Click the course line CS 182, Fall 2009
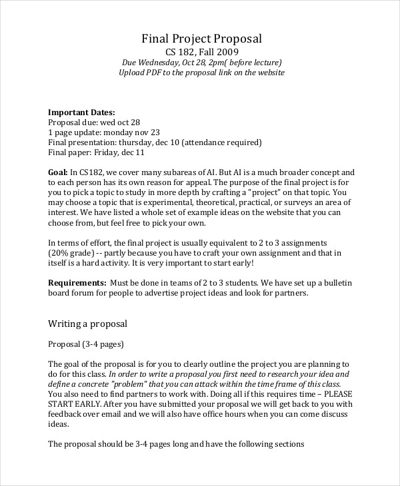point(201,51)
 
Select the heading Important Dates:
point(82,112)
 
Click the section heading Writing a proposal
point(88,324)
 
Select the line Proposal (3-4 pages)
point(86,344)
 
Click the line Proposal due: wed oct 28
point(95,122)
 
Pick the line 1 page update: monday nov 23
point(104,132)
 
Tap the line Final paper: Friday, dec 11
point(97,152)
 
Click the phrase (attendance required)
point(221,142)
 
